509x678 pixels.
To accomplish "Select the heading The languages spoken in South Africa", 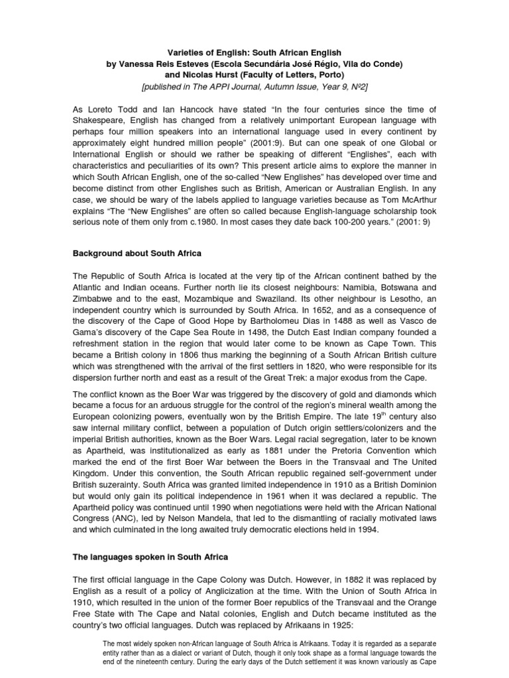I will [152, 557].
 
